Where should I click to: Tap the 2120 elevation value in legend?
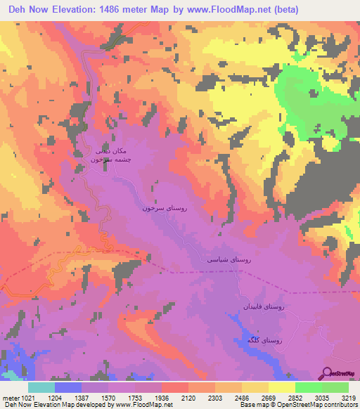189,397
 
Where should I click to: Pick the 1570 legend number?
109,397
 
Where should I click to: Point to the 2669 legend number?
268,397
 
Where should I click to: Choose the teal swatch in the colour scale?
41,387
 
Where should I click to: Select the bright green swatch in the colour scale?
335,387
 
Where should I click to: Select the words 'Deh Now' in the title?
23,10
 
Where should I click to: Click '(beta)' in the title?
284,10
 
